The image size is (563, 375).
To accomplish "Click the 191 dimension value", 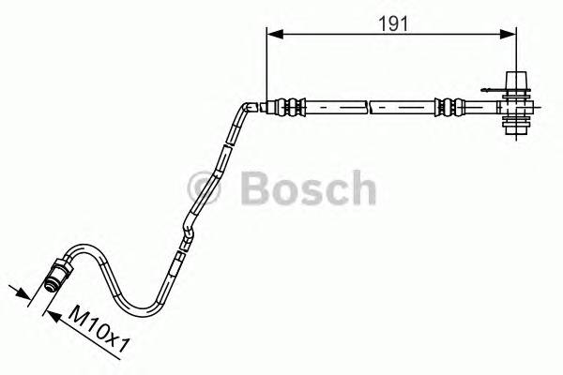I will [x=392, y=25].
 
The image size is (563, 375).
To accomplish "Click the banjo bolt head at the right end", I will [x=516, y=80].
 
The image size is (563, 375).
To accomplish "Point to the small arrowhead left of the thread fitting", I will [x=21, y=292].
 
